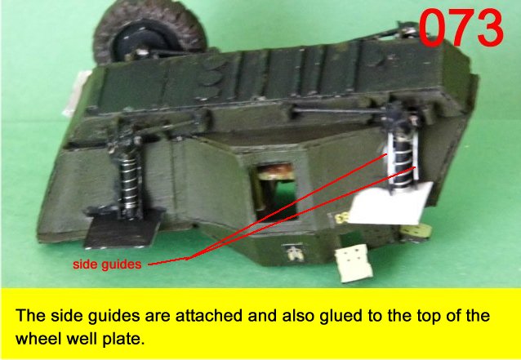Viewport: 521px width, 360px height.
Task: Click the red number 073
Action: (x=461, y=27)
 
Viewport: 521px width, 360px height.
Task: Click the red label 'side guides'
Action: (x=107, y=264)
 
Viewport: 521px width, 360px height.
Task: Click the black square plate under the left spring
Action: (x=123, y=229)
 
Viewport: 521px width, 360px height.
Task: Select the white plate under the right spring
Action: (x=391, y=204)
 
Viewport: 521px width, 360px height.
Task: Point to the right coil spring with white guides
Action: (x=402, y=158)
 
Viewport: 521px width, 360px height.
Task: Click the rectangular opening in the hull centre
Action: (x=276, y=192)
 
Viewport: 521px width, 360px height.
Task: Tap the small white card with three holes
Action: (x=354, y=263)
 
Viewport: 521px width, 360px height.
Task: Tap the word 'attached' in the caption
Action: (x=209, y=315)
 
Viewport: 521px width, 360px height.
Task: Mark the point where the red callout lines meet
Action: (x=188, y=259)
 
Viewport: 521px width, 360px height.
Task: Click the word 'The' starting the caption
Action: (x=30, y=315)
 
